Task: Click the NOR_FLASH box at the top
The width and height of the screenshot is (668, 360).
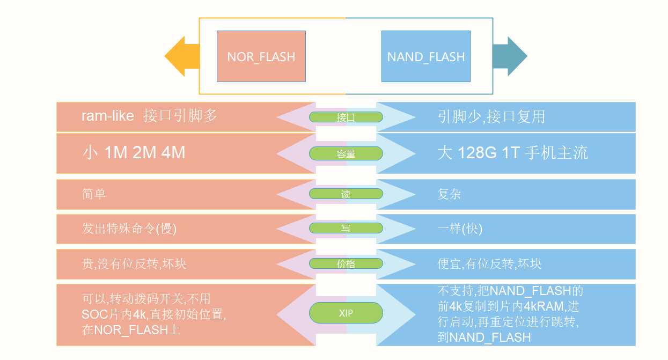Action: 261,56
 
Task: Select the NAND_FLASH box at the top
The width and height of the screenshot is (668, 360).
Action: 425,56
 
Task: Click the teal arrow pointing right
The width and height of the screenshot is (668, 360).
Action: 510,56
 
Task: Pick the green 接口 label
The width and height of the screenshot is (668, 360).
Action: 346,117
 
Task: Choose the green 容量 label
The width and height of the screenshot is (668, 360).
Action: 346,153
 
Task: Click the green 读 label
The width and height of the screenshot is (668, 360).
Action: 346,194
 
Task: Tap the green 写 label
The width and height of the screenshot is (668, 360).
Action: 346,228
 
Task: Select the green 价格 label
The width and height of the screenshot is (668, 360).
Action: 346,263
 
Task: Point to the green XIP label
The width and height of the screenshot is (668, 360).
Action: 346,313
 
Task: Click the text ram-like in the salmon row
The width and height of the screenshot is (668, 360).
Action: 107,116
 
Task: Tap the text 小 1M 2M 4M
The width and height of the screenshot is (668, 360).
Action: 134,152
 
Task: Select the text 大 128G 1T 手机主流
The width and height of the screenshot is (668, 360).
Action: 512,152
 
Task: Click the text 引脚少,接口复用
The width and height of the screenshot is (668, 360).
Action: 491,116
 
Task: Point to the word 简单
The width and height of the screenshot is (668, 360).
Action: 94,194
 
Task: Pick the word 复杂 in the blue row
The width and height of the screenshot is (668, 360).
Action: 449,194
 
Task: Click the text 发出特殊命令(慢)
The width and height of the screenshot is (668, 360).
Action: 129,228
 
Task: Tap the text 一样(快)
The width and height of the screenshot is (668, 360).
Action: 460,228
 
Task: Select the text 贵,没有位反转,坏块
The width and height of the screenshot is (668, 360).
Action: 134,263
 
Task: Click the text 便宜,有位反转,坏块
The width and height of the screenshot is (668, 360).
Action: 489,263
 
